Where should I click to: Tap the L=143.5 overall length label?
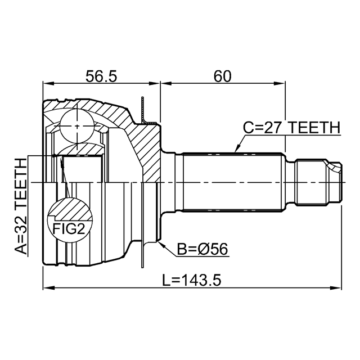coord(192,280)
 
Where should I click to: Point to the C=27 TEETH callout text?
coord(291,128)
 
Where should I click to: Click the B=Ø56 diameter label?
coord(202,249)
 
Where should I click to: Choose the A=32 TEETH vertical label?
coord(21,206)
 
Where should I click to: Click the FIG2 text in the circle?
coord(69,229)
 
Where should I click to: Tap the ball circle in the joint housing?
coord(78,126)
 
